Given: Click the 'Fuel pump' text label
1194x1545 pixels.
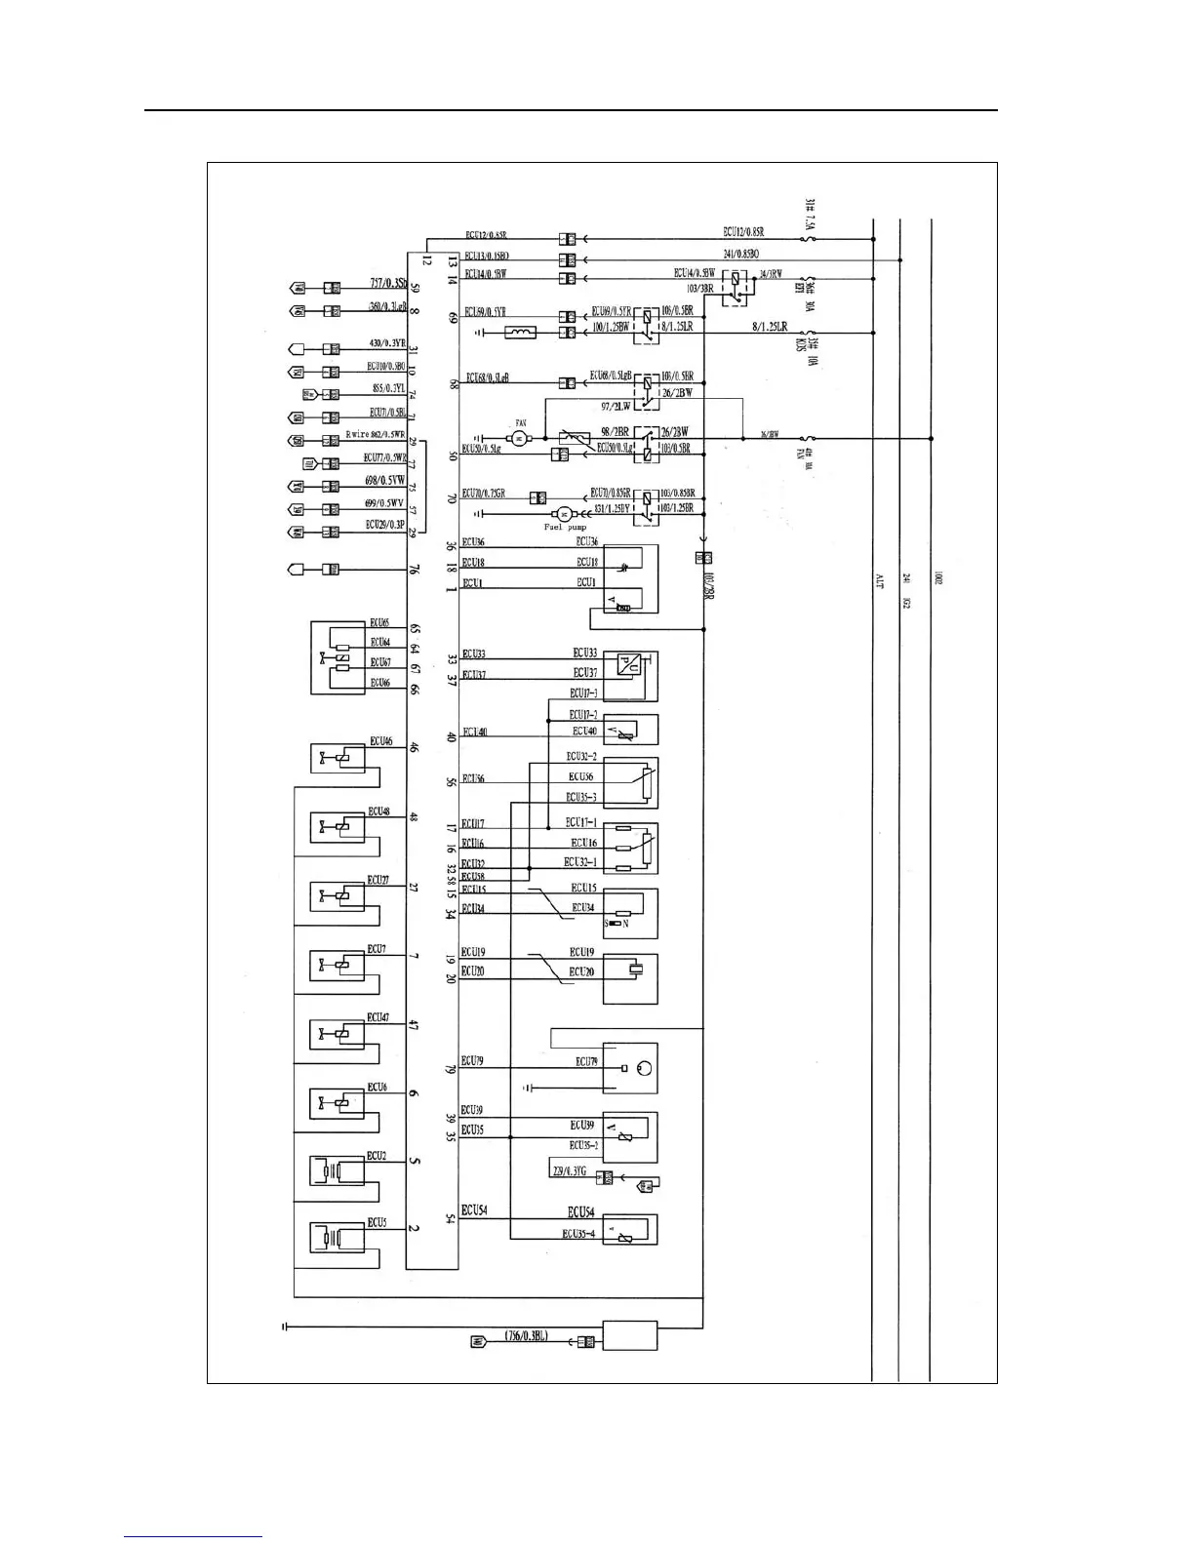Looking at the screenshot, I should click(565, 528).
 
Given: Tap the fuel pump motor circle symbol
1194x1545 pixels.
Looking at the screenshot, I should click(562, 513).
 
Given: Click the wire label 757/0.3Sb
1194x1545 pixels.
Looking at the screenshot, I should click(388, 284).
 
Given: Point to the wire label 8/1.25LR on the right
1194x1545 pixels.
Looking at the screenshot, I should click(769, 327).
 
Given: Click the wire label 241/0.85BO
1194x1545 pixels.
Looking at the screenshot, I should click(740, 254).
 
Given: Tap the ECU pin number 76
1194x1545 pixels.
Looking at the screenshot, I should click(414, 570).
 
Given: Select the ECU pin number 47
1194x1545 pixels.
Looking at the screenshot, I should click(414, 1026).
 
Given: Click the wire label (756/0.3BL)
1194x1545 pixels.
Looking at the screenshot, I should click(527, 1336).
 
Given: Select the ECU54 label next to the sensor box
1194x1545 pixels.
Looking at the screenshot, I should click(580, 1211).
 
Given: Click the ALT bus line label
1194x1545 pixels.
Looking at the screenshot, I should click(877, 581).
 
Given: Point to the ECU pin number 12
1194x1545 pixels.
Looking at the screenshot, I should click(427, 260).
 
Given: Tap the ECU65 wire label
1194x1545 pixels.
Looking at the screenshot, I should click(379, 622).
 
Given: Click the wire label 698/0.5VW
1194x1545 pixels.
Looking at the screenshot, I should click(384, 481).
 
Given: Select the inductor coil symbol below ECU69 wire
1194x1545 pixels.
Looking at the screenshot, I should click(520, 334).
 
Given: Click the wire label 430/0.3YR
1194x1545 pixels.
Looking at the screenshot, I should click(387, 343).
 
